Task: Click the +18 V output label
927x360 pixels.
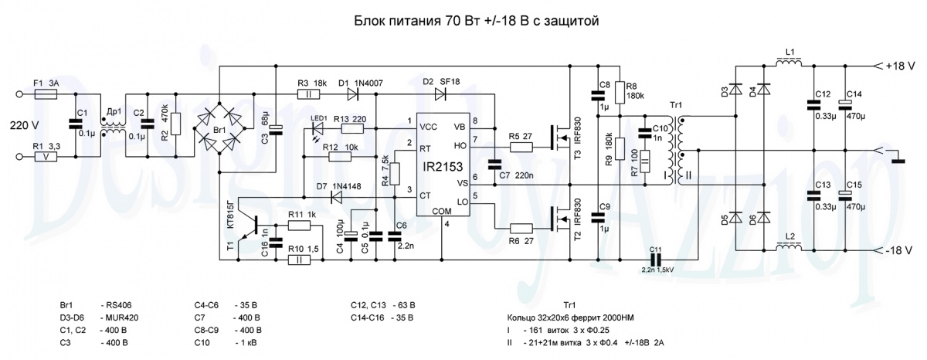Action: coord(899,67)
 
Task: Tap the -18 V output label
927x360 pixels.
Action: coord(899,250)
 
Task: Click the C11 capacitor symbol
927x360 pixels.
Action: coord(656,260)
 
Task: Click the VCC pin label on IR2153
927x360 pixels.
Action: coord(429,126)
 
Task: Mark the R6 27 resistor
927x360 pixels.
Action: coord(522,228)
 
